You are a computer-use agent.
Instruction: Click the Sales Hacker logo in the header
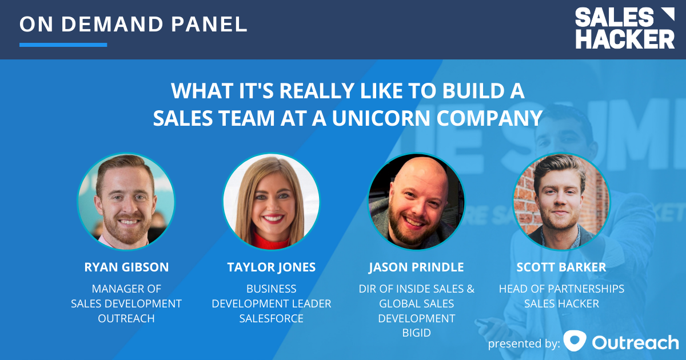click(624, 28)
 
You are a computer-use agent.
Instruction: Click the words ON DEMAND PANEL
click(133, 24)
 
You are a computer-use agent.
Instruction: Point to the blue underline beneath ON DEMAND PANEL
click(63, 45)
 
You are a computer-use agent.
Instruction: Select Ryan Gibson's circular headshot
click(126, 202)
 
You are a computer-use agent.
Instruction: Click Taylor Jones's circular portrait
click(272, 202)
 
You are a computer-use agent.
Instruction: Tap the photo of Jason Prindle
click(416, 202)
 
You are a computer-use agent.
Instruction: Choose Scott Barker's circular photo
click(561, 202)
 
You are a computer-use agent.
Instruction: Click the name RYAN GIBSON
click(126, 267)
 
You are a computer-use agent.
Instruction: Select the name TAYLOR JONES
click(272, 267)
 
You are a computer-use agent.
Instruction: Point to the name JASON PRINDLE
click(416, 267)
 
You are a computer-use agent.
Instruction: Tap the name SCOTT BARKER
click(561, 267)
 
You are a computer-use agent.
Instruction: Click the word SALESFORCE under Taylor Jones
click(272, 318)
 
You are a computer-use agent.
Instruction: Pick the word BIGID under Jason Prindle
click(416, 333)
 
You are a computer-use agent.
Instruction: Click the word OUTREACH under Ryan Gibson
click(126, 318)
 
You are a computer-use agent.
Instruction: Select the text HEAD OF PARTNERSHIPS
click(561, 289)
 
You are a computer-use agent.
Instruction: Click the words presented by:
click(524, 343)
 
